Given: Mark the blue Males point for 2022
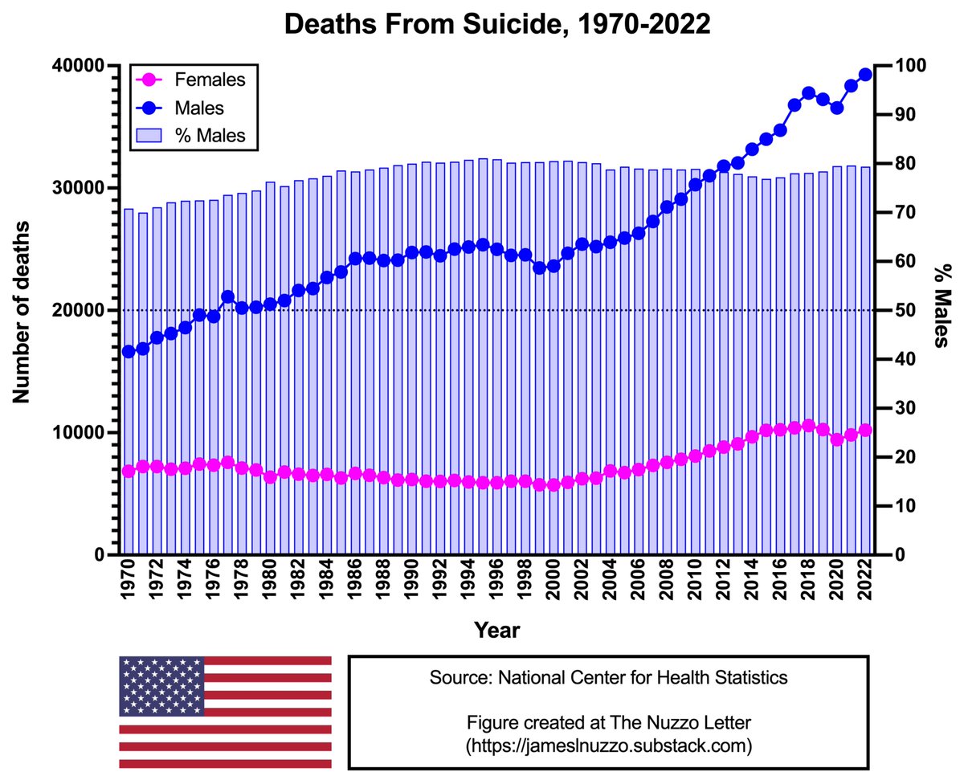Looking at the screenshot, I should (865, 75).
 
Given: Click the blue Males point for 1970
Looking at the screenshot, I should (128, 351).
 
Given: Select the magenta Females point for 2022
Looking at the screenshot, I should (865, 430).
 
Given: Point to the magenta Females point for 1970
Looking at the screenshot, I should (128, 471).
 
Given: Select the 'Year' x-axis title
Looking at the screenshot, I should (496, 630).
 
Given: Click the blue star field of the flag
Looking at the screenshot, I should (161, 685).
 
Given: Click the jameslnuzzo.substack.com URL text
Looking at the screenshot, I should (608, 745).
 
